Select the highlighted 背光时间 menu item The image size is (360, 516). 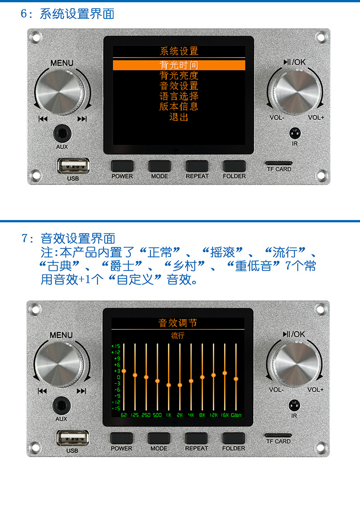click(x=179, y=65)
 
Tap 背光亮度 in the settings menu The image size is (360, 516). click(x=179, y=76)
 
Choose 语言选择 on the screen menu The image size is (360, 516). click(x=179, y=96)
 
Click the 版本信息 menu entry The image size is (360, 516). click(x=179, y=107)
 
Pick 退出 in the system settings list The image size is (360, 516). click(x=179, y=117)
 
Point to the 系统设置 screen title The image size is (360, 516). click(x=179, y=51)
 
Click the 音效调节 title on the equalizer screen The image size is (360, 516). click(x=178, y=323)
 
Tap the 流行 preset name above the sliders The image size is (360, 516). click(x=178, y=335)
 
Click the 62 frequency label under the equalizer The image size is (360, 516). click(x=124, y=415)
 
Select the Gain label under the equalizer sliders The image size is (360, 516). click(x=236, y=415)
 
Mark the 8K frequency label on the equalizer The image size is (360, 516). click(x=202, y=415)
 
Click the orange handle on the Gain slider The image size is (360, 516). click(x=236, y=379)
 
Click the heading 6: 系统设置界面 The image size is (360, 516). click(x=67, y=13)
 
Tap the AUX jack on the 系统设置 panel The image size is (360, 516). click(x=62, y=134)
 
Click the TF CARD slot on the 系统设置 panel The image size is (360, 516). click(x=279, y=163)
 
